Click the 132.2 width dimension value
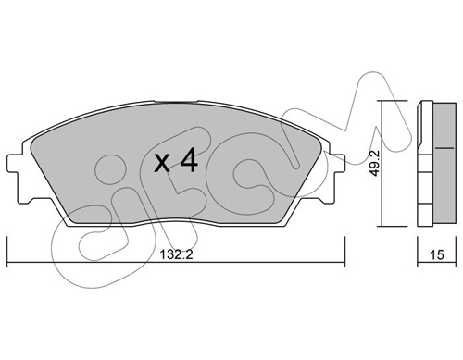176,254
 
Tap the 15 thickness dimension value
437,254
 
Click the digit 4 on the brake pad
188,159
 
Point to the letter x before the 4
162,163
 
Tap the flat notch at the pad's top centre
175,101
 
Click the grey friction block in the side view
444,163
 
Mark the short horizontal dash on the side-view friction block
444,148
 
